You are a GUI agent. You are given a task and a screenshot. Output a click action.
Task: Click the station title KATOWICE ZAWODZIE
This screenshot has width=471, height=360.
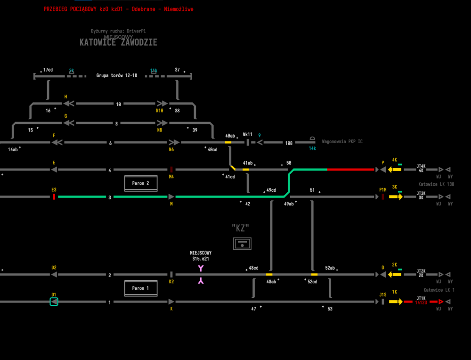tap(118, 42)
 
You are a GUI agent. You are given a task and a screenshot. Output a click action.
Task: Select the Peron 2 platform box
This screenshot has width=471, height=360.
tap(141, 183)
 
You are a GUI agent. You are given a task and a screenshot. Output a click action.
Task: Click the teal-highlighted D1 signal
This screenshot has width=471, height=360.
tap(54, 302)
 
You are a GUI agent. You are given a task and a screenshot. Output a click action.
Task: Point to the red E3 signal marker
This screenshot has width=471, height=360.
tap(54, 196)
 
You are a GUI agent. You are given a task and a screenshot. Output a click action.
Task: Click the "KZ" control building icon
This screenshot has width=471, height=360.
tap(242, 244)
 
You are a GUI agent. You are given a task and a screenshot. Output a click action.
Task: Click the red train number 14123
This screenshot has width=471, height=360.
tap(421, 303)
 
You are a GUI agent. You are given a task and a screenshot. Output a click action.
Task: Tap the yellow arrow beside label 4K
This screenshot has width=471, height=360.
tap(395, 169)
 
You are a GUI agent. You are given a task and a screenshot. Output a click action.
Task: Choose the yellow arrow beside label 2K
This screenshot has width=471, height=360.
tap(395, 274)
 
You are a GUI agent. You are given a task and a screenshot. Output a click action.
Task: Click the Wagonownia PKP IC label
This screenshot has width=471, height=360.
tap(342, 141)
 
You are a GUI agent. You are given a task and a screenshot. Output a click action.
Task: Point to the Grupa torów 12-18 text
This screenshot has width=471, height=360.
tap(117, 75)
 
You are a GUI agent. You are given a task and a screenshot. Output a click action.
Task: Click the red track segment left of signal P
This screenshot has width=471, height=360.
tap(350, 169)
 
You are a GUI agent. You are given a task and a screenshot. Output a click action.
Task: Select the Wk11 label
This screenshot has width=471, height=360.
tap(248, 134)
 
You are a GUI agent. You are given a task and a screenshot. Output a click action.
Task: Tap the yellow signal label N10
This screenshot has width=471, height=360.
tap(160, 111)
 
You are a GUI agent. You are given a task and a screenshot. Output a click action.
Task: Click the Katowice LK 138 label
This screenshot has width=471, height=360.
tap(436, 184)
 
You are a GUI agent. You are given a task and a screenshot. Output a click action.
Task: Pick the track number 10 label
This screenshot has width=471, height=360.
tap(119, 104)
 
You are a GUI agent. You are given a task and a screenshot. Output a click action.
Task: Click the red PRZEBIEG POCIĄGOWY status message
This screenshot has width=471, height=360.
tap(118, 9)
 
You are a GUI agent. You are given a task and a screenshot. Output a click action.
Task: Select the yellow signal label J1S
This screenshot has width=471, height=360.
tap(382, 295)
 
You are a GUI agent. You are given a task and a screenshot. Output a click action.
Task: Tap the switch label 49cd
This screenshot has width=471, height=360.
tap(271, 190)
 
